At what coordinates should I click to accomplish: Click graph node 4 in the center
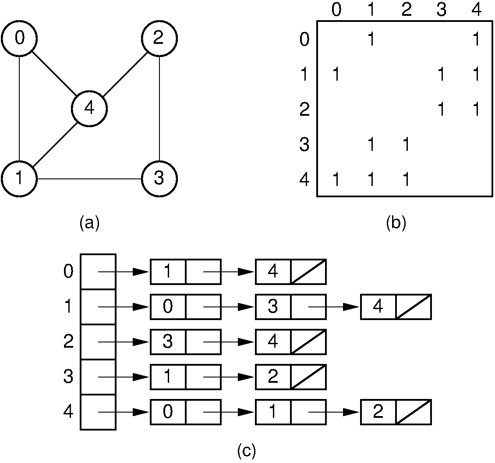tap(89, 108)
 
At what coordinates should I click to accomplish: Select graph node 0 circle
tap(19, 39)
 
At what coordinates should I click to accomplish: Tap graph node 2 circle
tap(159, 39)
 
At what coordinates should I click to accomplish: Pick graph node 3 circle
tap(159, 179)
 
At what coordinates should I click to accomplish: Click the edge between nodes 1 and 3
tap(89, 179)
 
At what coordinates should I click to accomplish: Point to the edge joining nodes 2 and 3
tap(159, 109)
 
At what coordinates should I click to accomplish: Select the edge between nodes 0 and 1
tap(19, 109)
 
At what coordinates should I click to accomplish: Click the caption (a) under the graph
tap(89, 223)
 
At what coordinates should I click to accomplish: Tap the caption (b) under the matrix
tap(396, 223)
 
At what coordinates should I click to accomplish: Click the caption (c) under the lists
tap(247, 451)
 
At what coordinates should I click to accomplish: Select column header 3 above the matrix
tap(441, 10)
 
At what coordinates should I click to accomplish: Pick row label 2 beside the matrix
tap(304, 109)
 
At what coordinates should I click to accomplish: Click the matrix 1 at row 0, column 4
tap(476, 39)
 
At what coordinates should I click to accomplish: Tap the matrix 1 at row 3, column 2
tap(406, 145)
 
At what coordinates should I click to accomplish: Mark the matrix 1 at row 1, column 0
tap(336, 75)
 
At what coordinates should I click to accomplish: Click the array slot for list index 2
tap(98, 342)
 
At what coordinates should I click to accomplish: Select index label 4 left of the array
tap(68, 412)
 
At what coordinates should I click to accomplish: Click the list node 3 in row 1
tap(273, 307)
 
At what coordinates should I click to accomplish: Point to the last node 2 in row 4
tap(378, 412)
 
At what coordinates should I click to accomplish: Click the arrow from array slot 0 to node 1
tap(125, 272)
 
